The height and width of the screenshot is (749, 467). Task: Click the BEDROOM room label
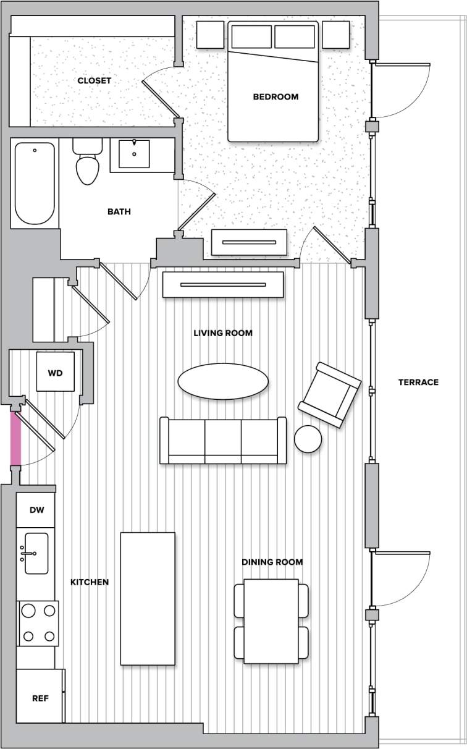click(276, 97)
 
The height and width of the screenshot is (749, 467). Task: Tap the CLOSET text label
click(95, 81)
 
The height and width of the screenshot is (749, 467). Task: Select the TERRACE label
click(418, 383)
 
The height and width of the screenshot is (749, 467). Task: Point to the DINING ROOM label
click(272, 562)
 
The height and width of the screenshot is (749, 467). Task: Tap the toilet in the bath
click(87, 164)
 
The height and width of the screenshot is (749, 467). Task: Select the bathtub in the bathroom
click(35, 184)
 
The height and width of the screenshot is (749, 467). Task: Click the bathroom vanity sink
click(133, 154)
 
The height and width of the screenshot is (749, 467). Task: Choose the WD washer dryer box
click(55, 373)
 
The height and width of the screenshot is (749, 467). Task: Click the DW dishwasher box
click(36, 510)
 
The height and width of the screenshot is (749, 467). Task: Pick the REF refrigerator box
click(40, 698)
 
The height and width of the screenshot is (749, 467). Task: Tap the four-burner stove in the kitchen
click(38, 624)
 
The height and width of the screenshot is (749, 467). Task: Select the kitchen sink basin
click(36, 554)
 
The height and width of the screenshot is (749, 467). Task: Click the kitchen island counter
click(148, 598)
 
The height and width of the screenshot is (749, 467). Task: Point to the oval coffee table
click(223, 381)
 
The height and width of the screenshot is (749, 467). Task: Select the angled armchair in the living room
click(329, 395)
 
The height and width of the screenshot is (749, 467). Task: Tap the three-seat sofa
click(223, 440)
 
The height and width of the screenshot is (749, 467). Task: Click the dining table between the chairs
click(271, 620)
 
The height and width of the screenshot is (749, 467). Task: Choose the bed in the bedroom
click(273, 82)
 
